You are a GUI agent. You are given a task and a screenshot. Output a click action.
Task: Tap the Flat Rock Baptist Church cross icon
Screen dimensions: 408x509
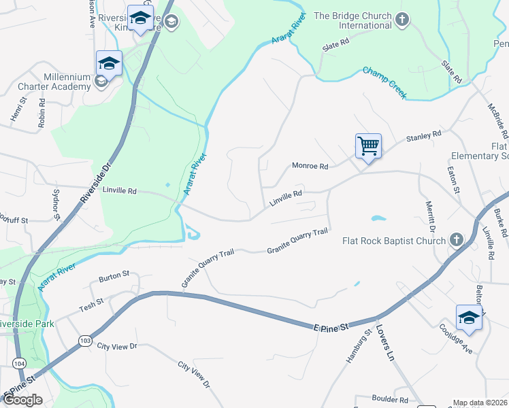point(456,240)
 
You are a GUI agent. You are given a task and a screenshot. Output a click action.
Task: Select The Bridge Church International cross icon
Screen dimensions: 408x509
point(401,18)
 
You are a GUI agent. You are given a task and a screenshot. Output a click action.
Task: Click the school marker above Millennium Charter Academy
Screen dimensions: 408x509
point(109,64)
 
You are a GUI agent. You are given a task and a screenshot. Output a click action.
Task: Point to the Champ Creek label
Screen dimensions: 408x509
point(384,83)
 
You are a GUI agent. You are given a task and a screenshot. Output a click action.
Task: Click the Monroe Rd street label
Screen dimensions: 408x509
point(310,166)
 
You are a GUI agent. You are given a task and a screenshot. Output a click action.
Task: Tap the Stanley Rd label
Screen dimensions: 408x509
point(424,137)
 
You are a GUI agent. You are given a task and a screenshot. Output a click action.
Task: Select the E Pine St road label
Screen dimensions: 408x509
point(332,327)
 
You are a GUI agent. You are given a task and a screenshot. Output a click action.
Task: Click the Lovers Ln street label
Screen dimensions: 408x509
point(385,347)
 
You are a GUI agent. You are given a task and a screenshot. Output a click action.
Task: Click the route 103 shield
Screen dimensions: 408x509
point(85,340)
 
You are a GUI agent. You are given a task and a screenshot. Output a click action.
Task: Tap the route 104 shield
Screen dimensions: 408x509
point(19,364)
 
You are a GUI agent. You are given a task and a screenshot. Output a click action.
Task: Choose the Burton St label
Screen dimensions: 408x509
point(114,275)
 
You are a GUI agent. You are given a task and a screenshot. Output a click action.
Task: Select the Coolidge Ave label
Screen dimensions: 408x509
point(457,339)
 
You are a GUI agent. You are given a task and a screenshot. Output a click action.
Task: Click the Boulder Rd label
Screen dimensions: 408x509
point(390,400)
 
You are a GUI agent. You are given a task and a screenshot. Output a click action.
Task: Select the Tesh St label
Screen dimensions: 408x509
point(91,302)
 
